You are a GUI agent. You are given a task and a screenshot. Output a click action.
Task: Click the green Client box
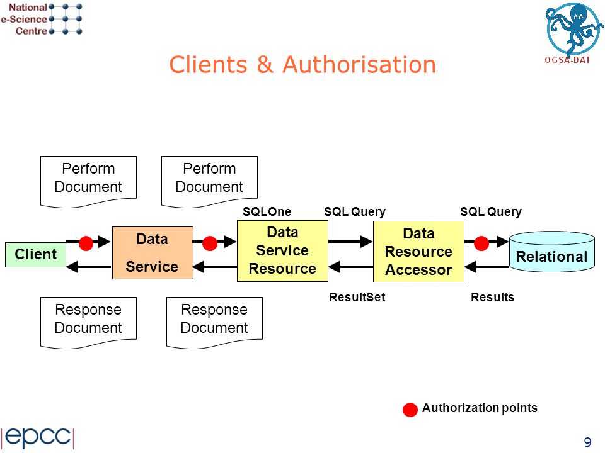pos(35,255)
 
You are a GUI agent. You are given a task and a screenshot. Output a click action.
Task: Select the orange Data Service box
pos(153,253)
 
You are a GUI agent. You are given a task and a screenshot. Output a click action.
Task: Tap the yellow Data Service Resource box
pos(282,251)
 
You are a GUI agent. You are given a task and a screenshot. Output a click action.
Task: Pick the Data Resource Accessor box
pos(418,252)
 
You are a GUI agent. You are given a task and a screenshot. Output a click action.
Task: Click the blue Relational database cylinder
pos(552,252)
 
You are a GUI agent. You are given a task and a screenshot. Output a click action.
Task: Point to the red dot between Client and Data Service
pos(86,243)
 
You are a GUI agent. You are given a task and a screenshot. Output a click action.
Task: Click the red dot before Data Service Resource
pos(209,243)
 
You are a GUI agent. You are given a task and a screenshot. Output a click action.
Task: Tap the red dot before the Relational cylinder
pos(481,243)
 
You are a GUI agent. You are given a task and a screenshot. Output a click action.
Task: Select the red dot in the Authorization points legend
pos(410,410)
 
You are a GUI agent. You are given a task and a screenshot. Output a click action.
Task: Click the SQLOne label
pos(267,211)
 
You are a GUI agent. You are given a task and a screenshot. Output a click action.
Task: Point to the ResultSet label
pos(357,297)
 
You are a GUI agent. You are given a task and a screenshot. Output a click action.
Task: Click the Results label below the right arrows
pos(492,297)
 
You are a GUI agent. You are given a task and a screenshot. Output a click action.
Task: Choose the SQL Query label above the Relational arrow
pos(491,211)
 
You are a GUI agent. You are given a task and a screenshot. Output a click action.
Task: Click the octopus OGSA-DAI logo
pos(573,32)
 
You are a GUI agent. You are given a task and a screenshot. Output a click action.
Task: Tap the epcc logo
pos(37,437)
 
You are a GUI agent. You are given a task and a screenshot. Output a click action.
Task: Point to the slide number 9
pos(587,442)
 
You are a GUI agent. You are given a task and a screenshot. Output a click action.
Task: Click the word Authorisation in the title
pos(359,64)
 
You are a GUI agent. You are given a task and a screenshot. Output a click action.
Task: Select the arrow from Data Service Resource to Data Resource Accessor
pos(350,242)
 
